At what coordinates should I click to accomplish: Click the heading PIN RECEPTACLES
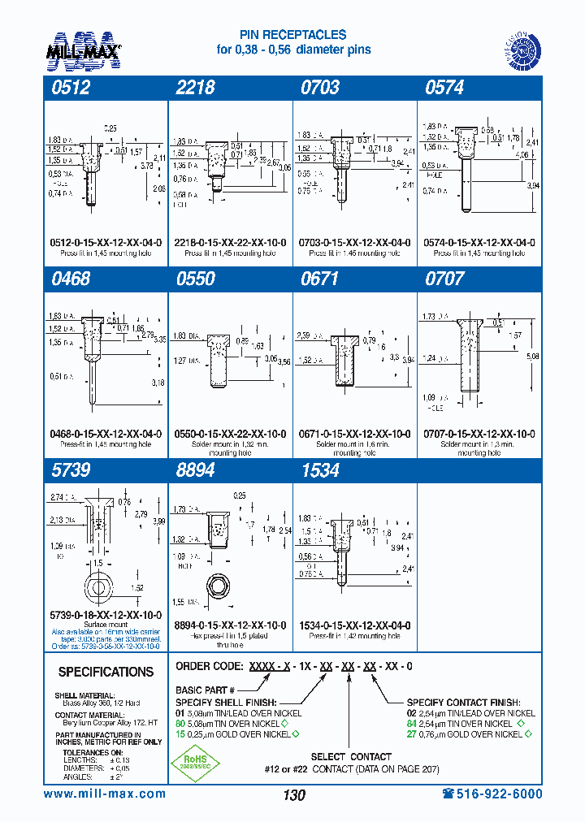point(292,35)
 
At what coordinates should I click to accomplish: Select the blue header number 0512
point(69,88)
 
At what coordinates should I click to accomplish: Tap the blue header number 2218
point(195,88)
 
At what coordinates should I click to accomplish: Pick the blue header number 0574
point(444,88)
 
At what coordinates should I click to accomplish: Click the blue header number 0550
point(195,279)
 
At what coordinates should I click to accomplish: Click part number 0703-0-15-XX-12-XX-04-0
point(354,243)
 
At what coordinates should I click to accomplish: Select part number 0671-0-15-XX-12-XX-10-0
point(354,435)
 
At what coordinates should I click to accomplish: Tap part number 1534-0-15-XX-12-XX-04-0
point(354,625)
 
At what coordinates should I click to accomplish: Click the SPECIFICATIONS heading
point(106,672)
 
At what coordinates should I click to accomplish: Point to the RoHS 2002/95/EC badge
point(192,765)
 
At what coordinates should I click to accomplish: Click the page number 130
point(293,795)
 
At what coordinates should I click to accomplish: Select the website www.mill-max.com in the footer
point(104,794)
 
